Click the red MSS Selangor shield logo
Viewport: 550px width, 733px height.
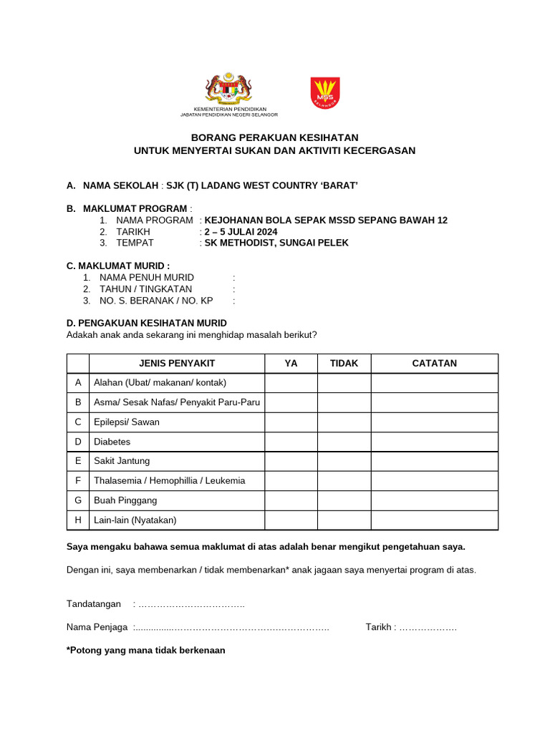[x=325, y=93]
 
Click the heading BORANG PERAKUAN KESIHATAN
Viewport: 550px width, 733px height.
[x=274, y=137]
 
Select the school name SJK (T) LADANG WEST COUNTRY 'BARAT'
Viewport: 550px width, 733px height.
[x=261, y=185]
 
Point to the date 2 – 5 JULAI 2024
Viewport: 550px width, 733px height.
[x=241, y=232]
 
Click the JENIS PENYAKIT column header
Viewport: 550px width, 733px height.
[x=177, y=364]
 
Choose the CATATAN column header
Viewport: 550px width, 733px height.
[x=434, y=364]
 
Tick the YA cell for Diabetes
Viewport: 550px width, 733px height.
[x=291, y=442]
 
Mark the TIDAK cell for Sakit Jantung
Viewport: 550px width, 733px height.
[x=344, y=462]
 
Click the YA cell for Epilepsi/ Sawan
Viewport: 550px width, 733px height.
[x=291, y=422]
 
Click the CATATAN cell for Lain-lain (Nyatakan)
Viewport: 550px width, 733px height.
[x=434, y=520]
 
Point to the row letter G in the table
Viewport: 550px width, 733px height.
[x=77, y=501]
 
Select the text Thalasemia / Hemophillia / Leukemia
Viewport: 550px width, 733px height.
[x=169, y=481]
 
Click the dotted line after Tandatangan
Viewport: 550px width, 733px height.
[x=191, y=605]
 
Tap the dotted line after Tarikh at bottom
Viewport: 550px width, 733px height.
[x=428, y=628]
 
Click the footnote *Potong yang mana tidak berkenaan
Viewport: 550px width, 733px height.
[x=145, y=651]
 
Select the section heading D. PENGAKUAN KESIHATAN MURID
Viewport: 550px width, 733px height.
[x=146, y=324]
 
